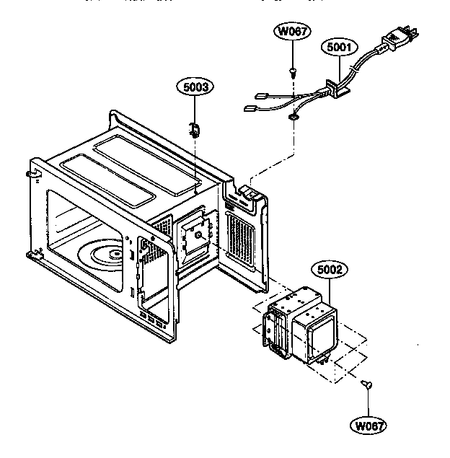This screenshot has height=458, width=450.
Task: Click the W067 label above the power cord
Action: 293,31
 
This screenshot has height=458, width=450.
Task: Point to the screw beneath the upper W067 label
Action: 293,71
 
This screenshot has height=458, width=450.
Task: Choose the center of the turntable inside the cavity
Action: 111,255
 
